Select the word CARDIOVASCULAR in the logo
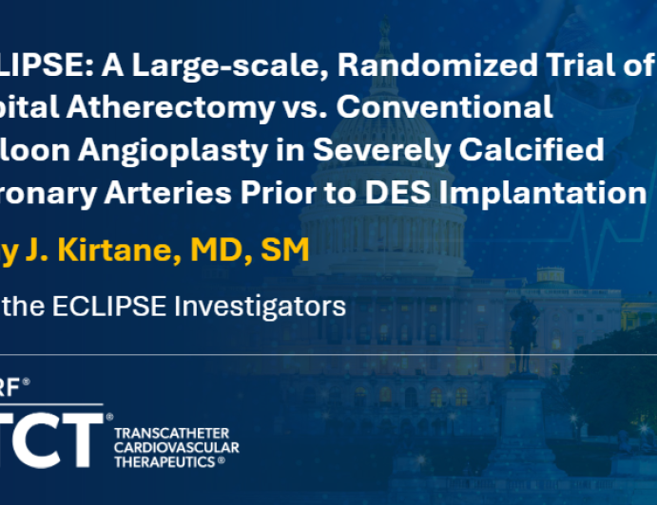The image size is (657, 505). tap(176, 447)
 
